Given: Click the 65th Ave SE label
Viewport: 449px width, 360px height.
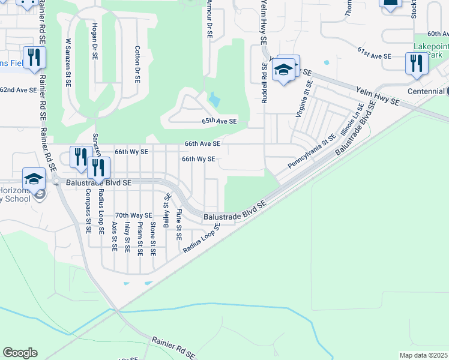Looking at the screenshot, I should pos(219,121).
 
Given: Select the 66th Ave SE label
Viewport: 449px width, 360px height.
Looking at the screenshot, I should pos(202,144).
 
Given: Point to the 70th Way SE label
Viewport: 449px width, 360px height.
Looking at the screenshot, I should pos(133,215).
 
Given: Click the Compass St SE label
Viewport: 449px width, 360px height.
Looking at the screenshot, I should pos(88,211).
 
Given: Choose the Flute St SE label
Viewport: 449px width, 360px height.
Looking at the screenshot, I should pos(179,224).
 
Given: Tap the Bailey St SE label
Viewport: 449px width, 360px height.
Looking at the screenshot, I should pos(166,208).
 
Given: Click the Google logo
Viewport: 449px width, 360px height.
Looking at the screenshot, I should pos(20,353).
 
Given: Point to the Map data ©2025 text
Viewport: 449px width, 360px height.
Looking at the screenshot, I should pos(423,355).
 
